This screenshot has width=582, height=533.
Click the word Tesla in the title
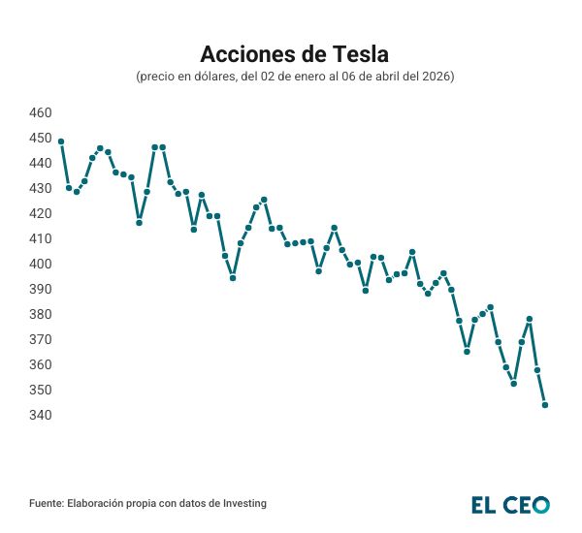point(356,51)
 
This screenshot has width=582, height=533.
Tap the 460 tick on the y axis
point(41,112)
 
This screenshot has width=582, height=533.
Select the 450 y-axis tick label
point(41,138)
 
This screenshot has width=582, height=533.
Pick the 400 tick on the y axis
point(41,264)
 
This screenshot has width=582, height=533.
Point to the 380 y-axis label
point(41,314)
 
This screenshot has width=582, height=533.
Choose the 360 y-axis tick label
point(41,364)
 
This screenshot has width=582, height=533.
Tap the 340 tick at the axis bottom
point(41,415)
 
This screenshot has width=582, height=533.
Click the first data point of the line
point(61,141)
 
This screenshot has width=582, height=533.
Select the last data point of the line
point(545,405)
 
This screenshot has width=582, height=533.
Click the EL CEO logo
point(510,504)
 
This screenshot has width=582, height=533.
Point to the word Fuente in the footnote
point(47,504)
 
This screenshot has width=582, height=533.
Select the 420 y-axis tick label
point(41,213)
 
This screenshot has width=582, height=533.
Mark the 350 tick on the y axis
point(41,390)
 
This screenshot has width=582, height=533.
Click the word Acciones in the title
point(242,51)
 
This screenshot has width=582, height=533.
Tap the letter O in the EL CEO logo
point(540,504)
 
